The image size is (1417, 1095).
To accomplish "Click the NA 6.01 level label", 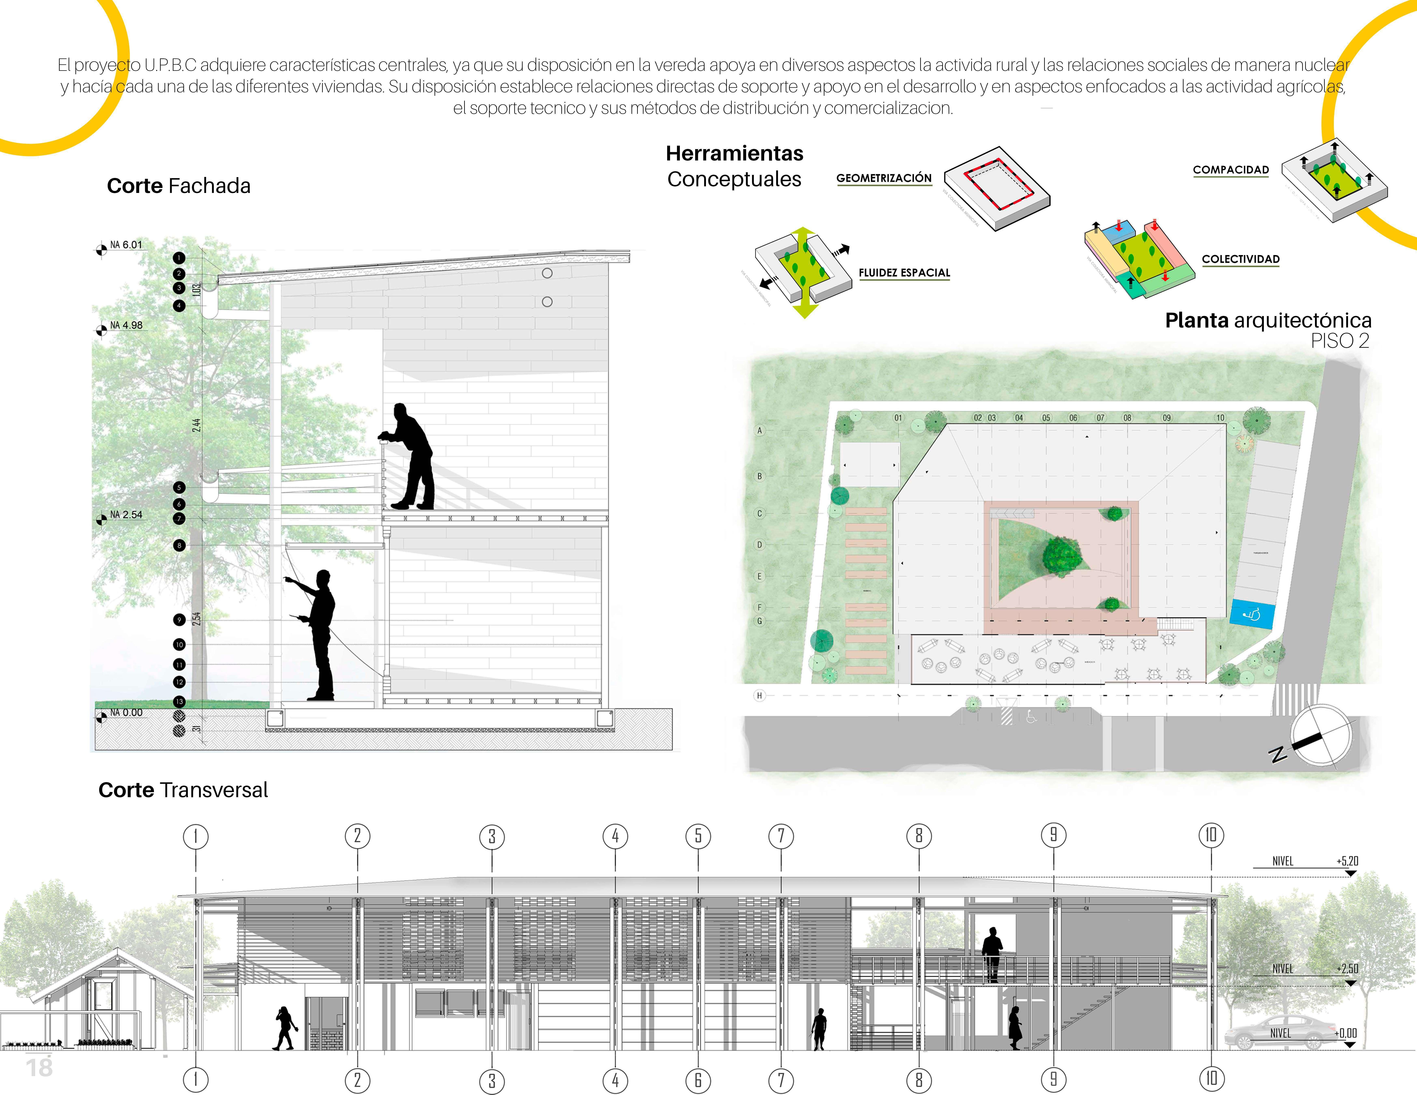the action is click(x=125, y=245).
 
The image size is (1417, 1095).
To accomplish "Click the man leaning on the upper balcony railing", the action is click(x=410, y=456).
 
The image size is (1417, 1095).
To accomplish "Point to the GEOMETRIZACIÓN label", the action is click(x=884, y=178).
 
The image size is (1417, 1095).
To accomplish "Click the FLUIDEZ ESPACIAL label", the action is click(x=904, y=273).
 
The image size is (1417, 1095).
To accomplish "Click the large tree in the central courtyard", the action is click(x=1061, y=555).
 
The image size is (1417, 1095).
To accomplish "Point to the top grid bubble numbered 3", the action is click(x=492, y=837).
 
